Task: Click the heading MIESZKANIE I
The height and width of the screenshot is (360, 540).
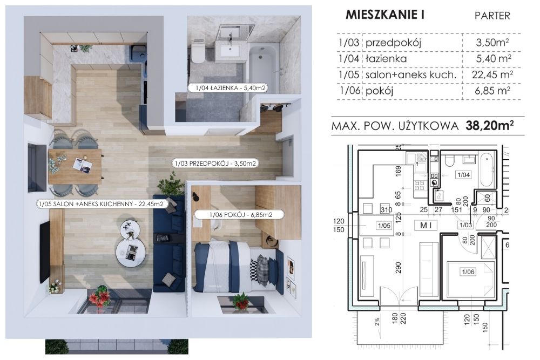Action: [x=384, y=15]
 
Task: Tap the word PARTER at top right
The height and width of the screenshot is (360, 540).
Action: [x=492, y=16]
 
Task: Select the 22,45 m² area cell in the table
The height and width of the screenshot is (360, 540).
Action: [x=492, y=74]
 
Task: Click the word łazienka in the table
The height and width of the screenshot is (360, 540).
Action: [x=386, y=58]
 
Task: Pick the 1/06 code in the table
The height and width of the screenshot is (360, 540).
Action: [x=349, y=91]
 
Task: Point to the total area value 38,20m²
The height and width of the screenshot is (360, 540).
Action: [x=490, y=126]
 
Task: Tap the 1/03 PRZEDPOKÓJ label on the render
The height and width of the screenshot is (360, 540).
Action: [x=215, y=164]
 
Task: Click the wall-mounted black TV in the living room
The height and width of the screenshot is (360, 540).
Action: [x=44, y=253]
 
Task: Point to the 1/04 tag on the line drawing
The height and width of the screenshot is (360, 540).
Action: [x=463, y=175]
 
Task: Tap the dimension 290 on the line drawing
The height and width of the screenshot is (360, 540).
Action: [x=399, y=268]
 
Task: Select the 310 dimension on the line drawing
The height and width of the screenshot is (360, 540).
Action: [x=387, y=209]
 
